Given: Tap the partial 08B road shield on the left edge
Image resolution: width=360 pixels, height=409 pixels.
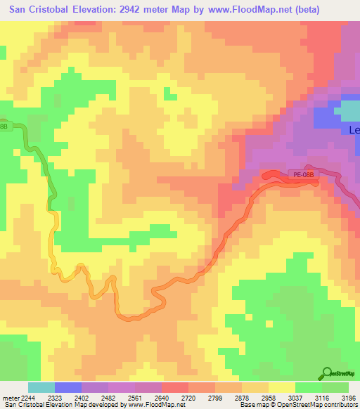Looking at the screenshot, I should [4, 126].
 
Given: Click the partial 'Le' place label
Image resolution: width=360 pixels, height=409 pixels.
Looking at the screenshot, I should [354, 130].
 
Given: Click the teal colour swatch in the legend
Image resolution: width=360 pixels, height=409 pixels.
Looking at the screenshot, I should [41, 387].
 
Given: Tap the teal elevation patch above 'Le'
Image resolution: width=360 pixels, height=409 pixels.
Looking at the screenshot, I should [347, 110].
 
